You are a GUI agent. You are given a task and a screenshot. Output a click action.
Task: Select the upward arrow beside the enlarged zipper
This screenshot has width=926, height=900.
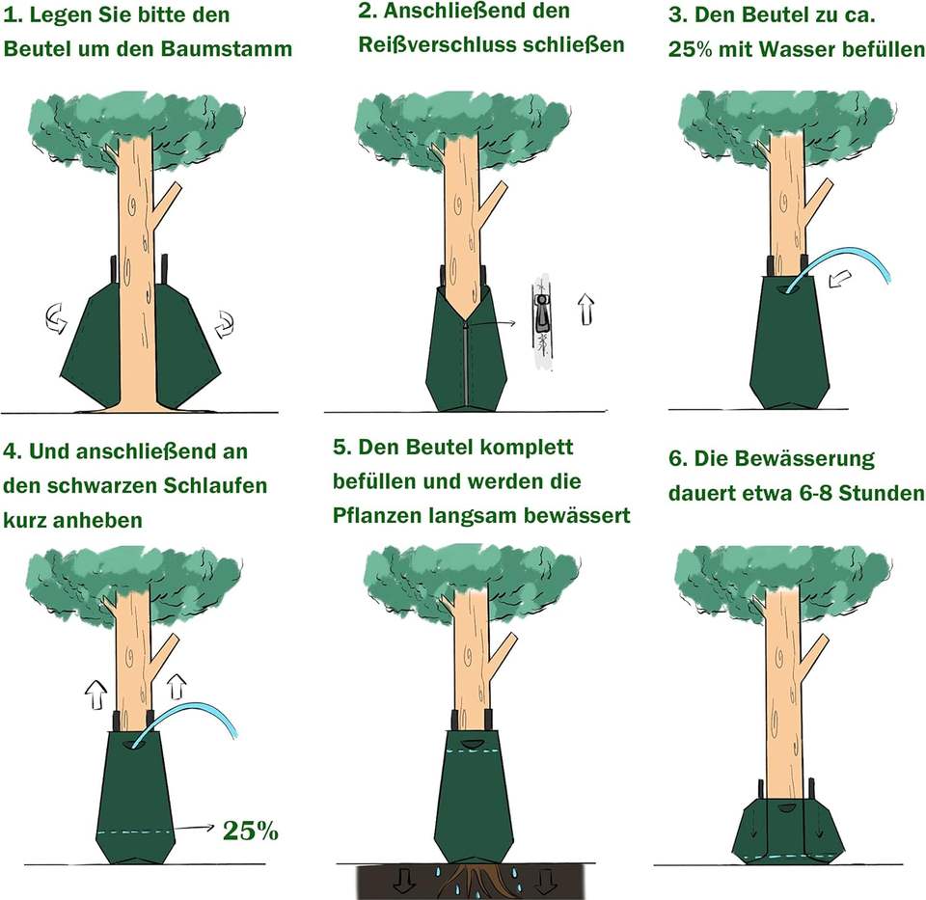click(x=586, y=309)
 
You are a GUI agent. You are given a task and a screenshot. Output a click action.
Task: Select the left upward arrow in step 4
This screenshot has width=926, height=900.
click(x=95, y=691)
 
